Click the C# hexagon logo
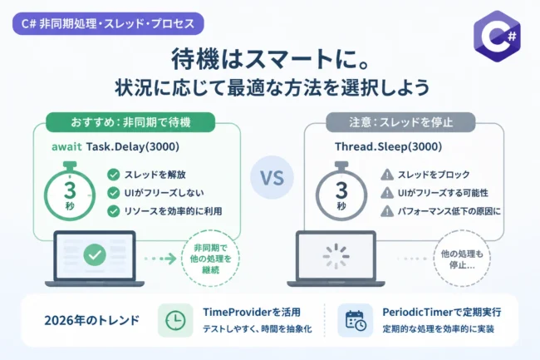point(497,37)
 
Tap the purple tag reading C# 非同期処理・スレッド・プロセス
point(108,24)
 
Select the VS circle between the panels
point(272,177)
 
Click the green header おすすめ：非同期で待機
point(130,122)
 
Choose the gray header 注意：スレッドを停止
point(400,122)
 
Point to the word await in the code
point(66,147)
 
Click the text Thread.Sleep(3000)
point(389,147)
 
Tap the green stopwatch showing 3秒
point(70,191)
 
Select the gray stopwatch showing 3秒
point(341,191)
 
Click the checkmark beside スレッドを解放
point(113,175)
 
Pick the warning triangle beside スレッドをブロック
point(387,175)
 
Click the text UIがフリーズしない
point(164,193)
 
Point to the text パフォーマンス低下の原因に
point(449,211)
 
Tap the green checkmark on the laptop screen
point(95,255)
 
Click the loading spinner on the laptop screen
point(336,256)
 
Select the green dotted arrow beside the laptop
point(160,259)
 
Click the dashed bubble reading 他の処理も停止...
point(462,259)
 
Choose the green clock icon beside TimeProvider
point(175,320)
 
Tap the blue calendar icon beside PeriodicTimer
point(356,320)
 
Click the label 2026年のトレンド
point(91,320)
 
